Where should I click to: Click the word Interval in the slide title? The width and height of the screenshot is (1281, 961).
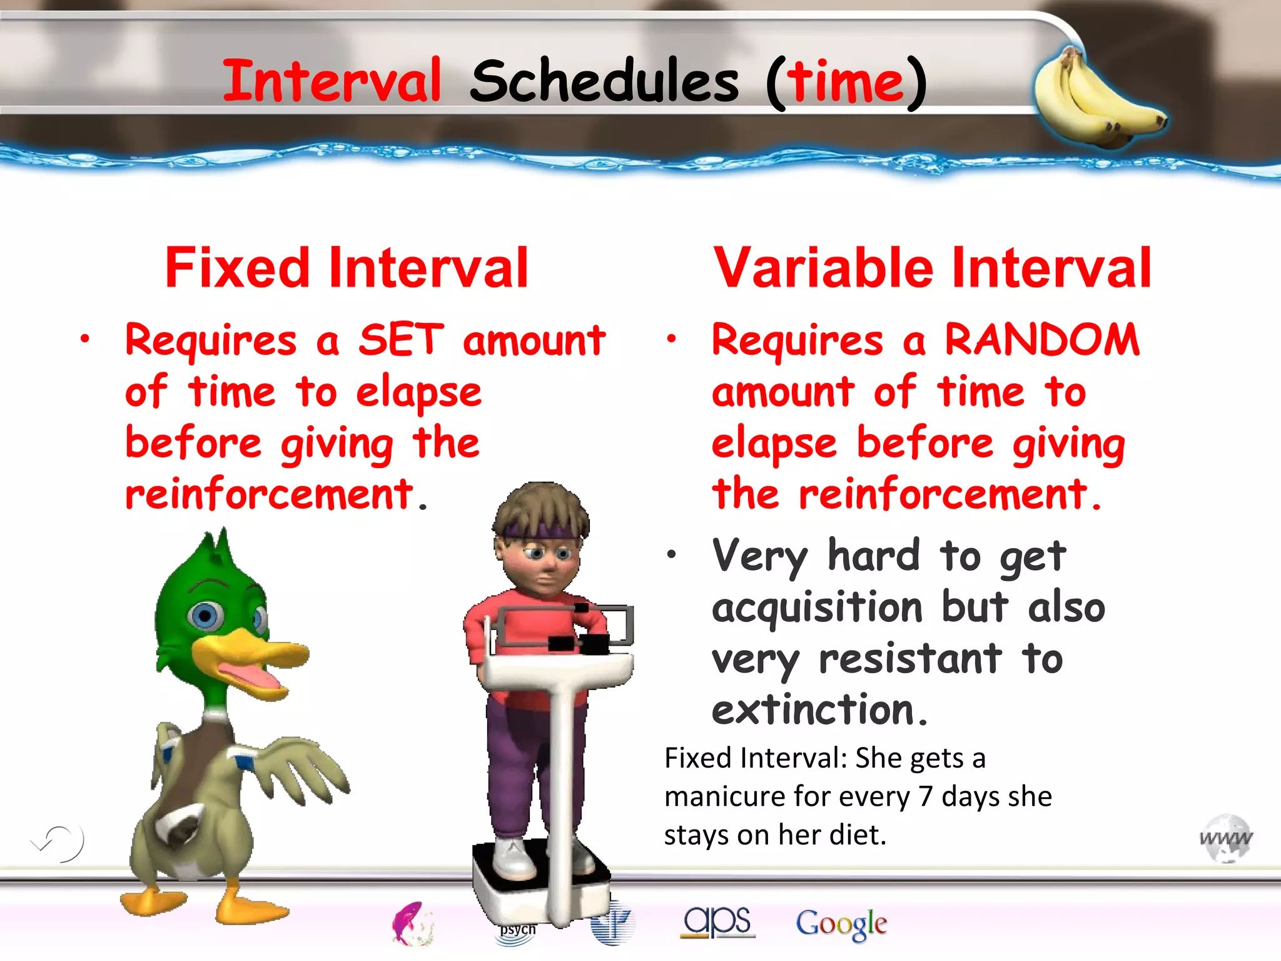point(332,81)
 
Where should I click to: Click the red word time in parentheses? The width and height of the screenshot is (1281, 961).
point(845,83)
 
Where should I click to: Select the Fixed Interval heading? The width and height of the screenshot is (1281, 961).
point(347,268)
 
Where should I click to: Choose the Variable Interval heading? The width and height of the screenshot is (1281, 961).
point(932,268)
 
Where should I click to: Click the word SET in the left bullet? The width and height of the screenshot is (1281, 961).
point(401,340)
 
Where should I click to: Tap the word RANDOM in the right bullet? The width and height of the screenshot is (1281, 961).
point(1042,340)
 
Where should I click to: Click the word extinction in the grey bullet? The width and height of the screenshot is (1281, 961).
point(813,711)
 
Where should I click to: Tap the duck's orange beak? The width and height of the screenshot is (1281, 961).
point(250,657)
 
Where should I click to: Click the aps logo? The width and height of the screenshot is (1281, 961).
point(717,922)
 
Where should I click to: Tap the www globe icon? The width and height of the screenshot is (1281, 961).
point(1226,838)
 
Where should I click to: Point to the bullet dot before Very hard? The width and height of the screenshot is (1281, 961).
point(672,554)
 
